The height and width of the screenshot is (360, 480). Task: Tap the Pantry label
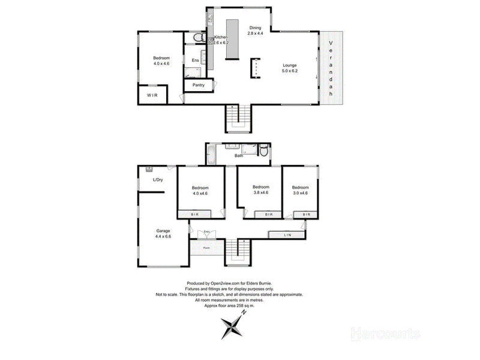(199, 85)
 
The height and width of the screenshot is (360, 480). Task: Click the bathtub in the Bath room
(211, 154)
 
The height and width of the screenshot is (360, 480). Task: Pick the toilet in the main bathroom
(263, 153)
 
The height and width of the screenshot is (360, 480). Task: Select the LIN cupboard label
(287, 235)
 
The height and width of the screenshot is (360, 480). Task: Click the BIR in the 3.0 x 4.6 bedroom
(306, 214)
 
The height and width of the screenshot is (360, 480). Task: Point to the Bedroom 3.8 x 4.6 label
(260, 189)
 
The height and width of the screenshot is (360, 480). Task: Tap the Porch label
(206, 247)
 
